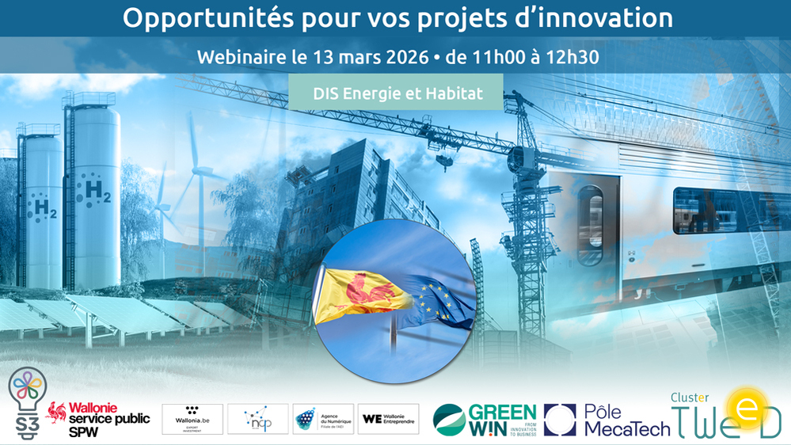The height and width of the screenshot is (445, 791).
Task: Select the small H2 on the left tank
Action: click(x=39, y=209)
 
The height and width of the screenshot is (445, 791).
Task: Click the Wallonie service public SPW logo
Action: click(x=100, y=415)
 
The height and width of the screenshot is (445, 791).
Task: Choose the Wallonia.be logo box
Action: click(x=192, y=419)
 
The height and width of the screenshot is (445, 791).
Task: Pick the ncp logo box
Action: click(x=257, y=419)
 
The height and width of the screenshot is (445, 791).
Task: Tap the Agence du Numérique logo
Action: click(x=322, y=419)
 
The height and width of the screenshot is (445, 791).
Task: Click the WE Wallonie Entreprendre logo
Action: click(x=388, y=419)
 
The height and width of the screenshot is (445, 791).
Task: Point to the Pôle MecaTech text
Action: click(x=626, y=420)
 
